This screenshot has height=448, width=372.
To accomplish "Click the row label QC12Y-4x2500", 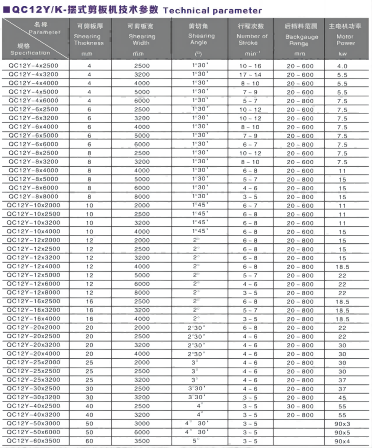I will (x=33, y=66).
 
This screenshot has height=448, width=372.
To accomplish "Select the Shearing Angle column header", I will (x=201, y=39).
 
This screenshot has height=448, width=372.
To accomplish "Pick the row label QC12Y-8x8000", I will (x=33, y=196).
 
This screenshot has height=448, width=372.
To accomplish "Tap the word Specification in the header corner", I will (x=30, y=53).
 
